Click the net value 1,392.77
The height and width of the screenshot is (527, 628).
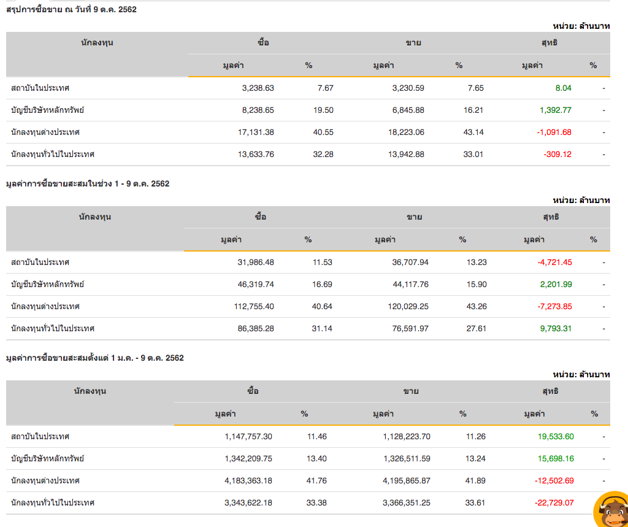555,110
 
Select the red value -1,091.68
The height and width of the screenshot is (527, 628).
554,133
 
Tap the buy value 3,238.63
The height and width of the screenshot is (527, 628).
258,88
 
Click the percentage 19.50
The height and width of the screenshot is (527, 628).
323,110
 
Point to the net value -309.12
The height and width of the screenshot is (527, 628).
557,155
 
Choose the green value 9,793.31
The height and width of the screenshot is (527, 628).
556,329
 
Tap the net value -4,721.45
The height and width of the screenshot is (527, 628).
554,263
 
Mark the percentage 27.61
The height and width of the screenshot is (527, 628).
476,329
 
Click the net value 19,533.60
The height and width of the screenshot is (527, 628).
553,437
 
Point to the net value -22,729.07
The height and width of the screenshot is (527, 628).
554,503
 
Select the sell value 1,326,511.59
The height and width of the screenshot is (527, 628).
407,459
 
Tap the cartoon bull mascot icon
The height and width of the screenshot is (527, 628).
611,509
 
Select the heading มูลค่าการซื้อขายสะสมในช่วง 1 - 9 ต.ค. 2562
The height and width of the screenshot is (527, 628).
87,183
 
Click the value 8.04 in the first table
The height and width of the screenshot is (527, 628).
563,88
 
